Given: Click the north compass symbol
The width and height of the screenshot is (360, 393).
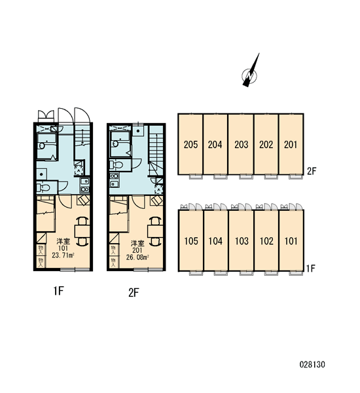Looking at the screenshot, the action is (x=250, y=75).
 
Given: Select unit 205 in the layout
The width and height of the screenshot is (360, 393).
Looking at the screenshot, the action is (x=190, y=144).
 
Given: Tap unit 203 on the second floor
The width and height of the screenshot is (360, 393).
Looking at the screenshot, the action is (x=241, y=144).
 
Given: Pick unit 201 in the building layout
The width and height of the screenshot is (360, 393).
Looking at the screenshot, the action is (x=291, y=144).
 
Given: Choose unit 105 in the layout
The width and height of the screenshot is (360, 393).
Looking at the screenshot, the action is (x=191, y=240).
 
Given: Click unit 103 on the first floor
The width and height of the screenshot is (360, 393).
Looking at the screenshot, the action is (x=242, y=240).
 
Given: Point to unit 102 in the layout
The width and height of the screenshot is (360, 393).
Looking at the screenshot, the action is (x=266, y=240).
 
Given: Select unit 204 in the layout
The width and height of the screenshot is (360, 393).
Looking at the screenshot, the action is (x=215, y=144).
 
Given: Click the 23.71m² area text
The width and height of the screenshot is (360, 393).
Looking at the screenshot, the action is (x=63, y=255).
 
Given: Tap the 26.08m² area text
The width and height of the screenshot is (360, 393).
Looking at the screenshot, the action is (x=137, y=257).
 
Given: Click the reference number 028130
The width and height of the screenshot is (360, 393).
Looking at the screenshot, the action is (x=312, y=364).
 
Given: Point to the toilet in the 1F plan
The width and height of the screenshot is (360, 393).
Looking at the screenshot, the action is (x=43, y=187).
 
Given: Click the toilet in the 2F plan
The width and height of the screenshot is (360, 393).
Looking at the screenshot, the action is (x=117, y=164).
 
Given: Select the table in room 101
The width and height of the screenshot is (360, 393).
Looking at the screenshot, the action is (x=82, y=231).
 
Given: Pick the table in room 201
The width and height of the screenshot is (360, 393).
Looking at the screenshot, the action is (x=155, y=231).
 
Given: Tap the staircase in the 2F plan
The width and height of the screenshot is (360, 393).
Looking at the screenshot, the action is (x=156, y=151).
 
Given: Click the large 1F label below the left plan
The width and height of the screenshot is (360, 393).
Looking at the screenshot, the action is (x=59, y=291).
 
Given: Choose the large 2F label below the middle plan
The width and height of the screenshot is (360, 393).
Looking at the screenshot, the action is (x=134, y=293).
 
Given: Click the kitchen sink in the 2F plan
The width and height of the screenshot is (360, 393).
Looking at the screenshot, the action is (x=115, y=180).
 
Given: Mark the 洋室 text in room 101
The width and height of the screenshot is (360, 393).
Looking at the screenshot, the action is (x=63, y=242).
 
